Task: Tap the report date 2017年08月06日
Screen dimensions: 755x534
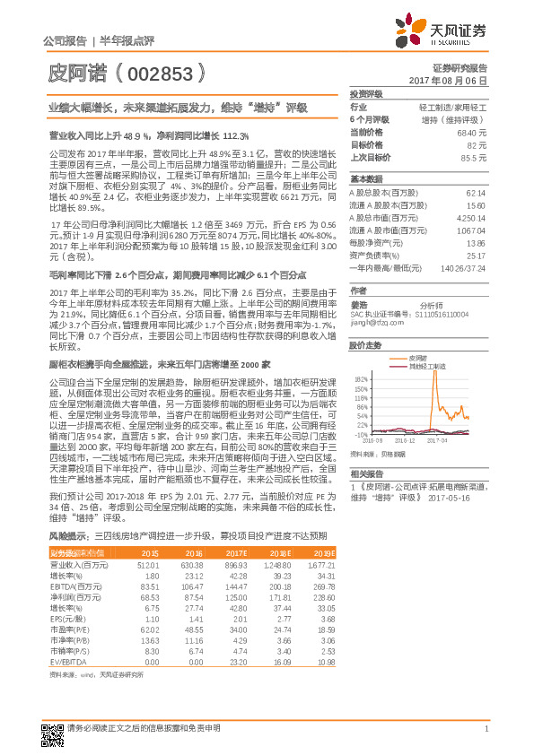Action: (457, 81)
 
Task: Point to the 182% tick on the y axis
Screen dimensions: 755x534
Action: (362, 377)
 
